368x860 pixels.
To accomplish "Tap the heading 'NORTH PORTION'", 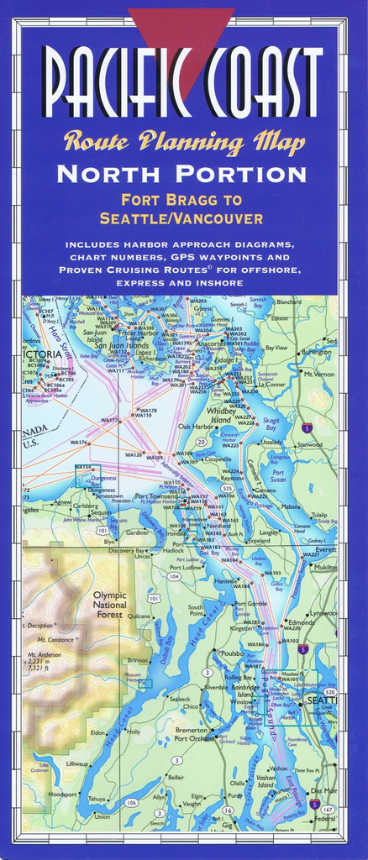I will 183,175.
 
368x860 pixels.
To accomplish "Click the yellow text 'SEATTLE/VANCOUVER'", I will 181,218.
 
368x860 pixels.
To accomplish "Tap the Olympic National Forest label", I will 109,605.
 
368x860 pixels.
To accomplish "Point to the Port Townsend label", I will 155,496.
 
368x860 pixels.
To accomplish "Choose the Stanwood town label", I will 309,444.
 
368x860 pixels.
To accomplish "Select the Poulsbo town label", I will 232,653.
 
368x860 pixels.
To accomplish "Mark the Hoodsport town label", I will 63,794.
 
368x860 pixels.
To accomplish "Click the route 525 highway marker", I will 227,487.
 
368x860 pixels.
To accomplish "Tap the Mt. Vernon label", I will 319,374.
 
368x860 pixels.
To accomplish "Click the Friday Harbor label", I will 136,333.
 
